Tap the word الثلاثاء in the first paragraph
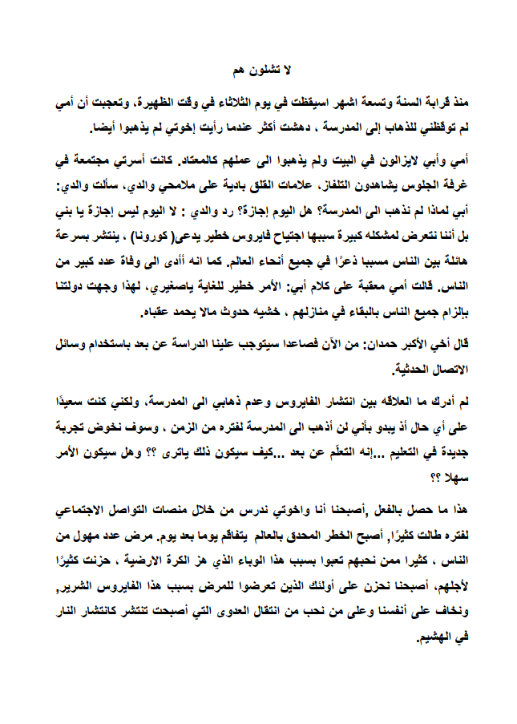pos(229,103)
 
